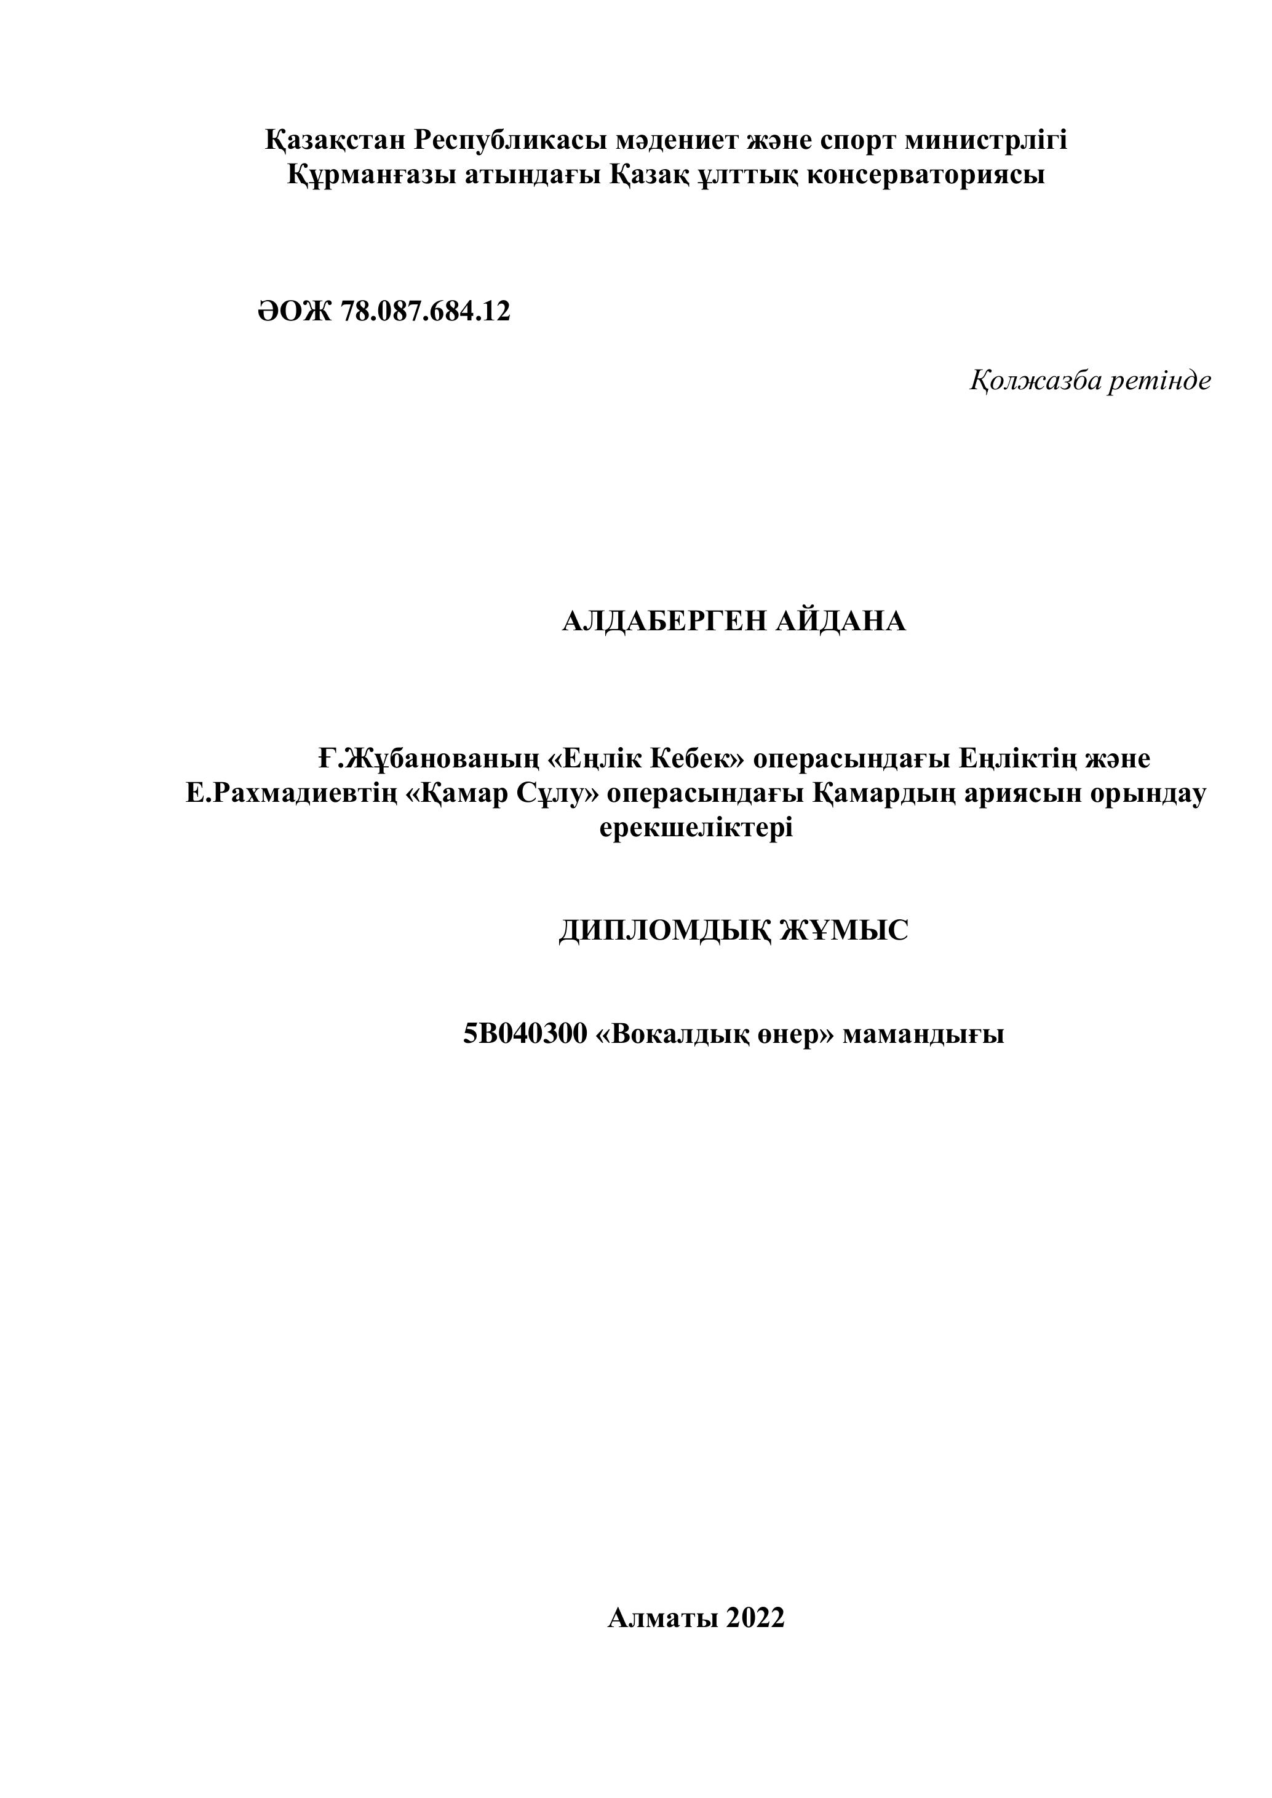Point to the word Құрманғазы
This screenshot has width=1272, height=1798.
click(x=372, y=175)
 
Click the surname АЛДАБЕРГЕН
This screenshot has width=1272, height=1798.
click(x=665, y=622)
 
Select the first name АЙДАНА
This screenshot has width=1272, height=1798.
click(x=841, y=622)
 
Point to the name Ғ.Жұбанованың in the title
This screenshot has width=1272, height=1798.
click(x=429, y=759)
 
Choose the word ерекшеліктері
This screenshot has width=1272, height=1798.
click(x=696, y=828)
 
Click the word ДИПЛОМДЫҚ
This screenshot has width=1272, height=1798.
click(x=662, y=930)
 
